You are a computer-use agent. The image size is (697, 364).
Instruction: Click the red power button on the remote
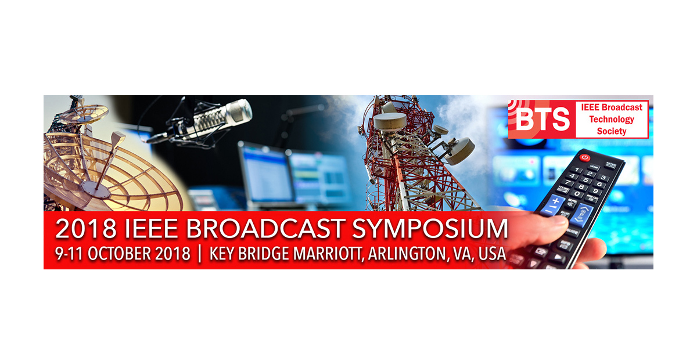click(585, 157)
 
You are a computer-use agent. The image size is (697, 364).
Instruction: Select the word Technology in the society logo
click(612, 119)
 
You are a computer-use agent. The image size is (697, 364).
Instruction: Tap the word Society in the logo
click(612, 131)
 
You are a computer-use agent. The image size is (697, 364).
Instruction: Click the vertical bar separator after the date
click(200, 254)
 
